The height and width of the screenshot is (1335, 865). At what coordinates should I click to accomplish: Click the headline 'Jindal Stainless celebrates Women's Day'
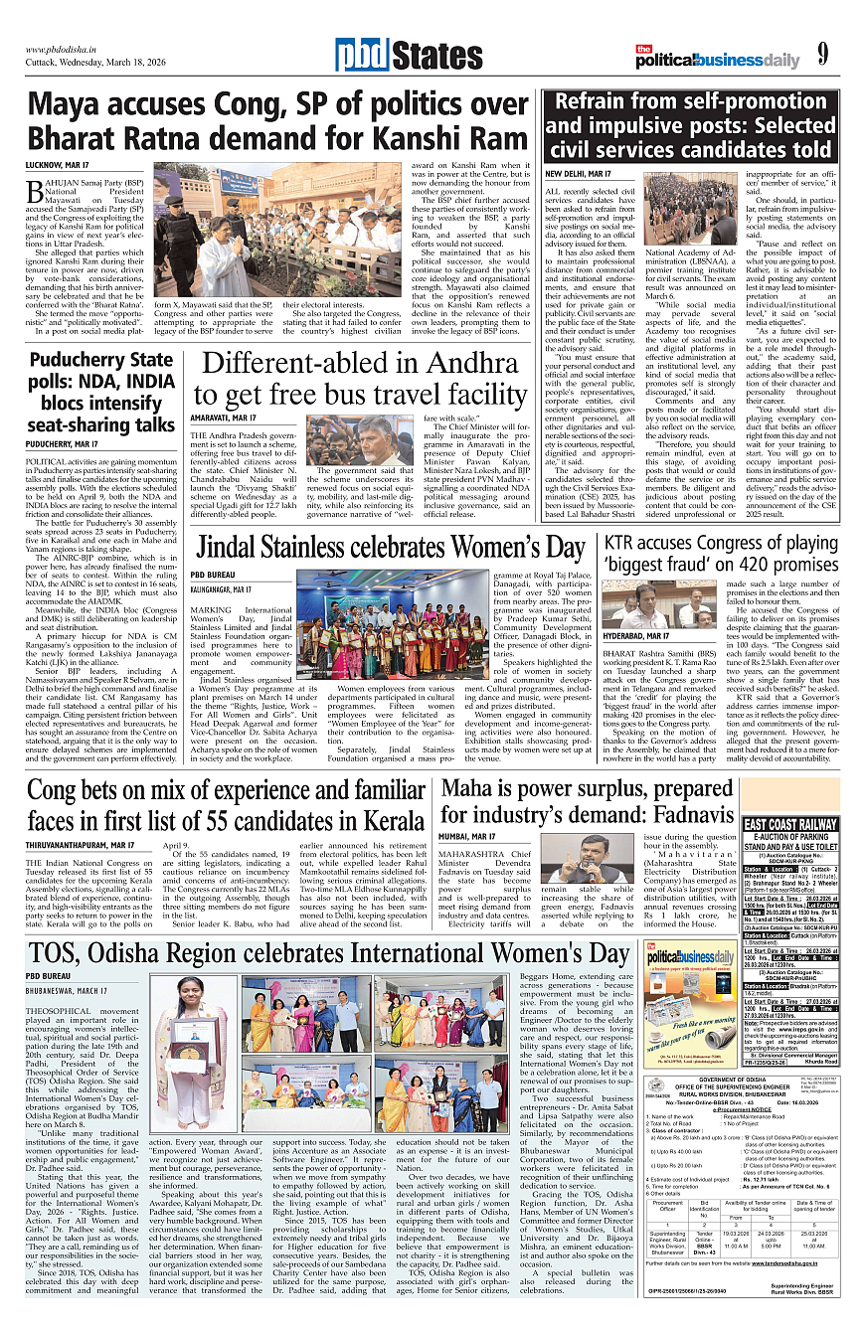coord(391,548)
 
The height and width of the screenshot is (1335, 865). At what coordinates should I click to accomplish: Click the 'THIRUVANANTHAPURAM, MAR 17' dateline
coord(81,845)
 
